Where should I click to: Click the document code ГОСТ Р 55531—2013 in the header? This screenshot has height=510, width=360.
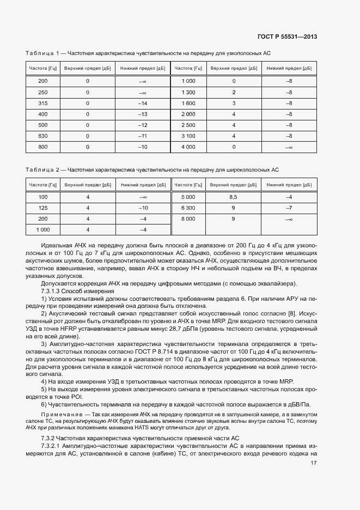tap(287, 37)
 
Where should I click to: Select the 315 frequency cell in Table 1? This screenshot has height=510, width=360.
tap(43, 103)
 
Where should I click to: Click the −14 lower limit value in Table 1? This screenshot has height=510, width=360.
tap(143, 103)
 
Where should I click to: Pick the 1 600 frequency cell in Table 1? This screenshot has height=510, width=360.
tap(188, 103)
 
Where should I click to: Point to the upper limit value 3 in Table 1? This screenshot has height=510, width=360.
tap(234, 103)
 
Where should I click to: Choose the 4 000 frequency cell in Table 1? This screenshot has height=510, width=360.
tap(188, 147)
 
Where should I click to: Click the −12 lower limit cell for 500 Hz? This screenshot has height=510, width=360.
tap(143, 125)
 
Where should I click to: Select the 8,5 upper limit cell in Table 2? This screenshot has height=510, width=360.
tap(234, 197)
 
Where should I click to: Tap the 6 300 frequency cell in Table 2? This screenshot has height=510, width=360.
tap(188, 208)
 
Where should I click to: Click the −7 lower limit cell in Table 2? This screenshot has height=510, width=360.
tap(289, 208)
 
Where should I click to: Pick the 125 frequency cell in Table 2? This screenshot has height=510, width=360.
tap(43, 208)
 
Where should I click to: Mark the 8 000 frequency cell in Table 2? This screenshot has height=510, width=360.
tap(188, 218)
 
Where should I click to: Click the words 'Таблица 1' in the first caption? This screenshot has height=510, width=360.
tap(42, 53)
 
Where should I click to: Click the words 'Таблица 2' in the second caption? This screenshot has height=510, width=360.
tap(42, 170)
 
